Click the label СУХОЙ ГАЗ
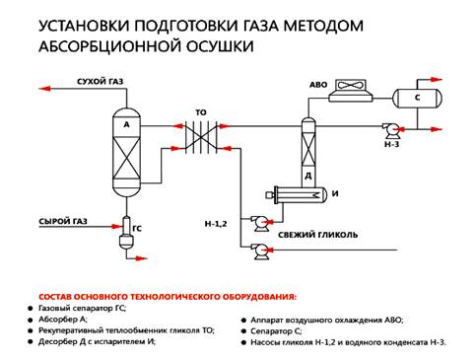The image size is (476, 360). coord(101,81)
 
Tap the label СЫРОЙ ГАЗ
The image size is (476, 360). coord(63,221)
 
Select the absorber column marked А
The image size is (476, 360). coord(126,153)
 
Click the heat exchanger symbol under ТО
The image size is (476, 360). coord(201,136)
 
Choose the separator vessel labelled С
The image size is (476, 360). coord(417,98)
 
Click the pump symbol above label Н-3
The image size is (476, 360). coord(391,131)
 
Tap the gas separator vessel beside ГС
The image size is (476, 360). coord(126,233)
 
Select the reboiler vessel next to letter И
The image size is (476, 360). coord(297,195)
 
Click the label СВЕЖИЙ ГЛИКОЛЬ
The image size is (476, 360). coord(317,235)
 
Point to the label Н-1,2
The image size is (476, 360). coord(216,224)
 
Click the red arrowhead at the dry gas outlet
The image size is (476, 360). coord(44,89)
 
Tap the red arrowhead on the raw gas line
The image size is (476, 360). coord(116,227)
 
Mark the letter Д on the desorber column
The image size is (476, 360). coord(308,177)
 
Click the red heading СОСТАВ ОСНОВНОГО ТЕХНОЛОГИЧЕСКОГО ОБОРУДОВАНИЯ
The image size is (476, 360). coord(168,297)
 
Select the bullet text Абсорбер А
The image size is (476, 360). coord(63,319)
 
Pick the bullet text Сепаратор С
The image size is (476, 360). coord(276,331)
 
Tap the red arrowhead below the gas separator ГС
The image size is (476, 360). coord(141,258)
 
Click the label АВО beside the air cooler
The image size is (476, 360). coord(318,85)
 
